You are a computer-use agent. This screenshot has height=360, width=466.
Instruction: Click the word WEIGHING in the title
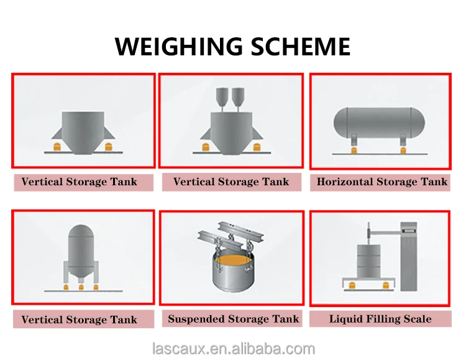pos(178,47)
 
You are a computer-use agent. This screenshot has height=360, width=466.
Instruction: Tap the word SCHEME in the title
pos(301,47)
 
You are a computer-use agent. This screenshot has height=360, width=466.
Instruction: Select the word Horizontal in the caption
pos(345,182)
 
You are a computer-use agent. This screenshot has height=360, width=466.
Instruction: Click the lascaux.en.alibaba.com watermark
pos(234,349)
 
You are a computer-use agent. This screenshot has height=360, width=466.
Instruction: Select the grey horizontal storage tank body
pos(379,122)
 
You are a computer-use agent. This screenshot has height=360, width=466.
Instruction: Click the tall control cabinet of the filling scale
pos(409,256)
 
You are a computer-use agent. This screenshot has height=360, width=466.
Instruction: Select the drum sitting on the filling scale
pos(368,261)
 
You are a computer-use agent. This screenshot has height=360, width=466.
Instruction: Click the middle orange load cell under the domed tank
pos(81,287)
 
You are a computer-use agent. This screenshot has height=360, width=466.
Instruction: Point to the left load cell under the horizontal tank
pos(354,150)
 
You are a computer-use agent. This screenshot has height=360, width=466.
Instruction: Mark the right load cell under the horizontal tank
pos(403,150)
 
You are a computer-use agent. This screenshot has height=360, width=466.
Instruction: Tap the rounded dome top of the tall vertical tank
pos(81,231)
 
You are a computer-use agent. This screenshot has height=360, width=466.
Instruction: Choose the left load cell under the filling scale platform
pos(352,285)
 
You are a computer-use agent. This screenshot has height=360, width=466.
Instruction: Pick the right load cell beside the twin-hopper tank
pos(257,147)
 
